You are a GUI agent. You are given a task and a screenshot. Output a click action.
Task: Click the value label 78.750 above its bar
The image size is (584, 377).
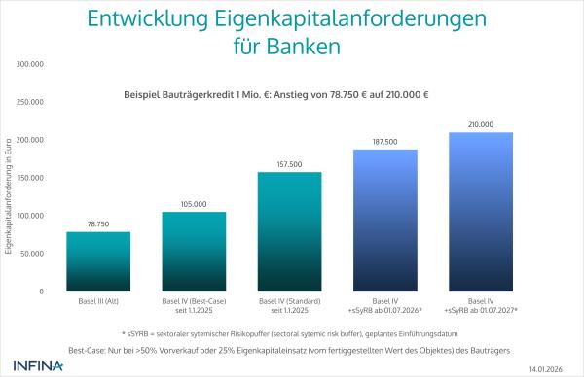point(97,223)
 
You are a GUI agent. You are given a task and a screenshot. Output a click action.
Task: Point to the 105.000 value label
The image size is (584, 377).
point(193,204)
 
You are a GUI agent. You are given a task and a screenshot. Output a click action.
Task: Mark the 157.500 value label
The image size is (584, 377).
point(289,164)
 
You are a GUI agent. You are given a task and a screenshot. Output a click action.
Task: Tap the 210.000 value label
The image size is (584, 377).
point(481,124)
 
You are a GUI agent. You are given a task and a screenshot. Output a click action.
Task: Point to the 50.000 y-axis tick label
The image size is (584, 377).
point(33,254)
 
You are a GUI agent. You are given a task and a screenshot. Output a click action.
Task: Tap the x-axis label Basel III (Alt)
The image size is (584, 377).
point(97,302)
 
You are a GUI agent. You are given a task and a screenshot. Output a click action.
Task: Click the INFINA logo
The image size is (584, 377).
point(38,366)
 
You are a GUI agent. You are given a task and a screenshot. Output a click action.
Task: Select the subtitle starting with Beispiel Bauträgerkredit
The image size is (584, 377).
point(276,95)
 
